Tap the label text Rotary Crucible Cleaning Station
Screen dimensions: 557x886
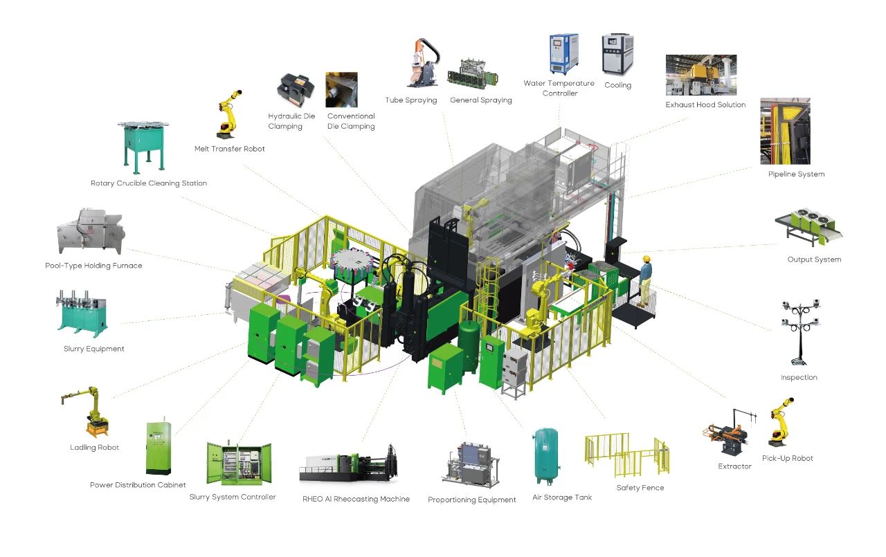149,183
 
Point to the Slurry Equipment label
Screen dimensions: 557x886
94,349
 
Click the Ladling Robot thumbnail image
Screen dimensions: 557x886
89,412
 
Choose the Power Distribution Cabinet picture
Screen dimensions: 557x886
157,446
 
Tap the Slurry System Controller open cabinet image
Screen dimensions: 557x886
239,464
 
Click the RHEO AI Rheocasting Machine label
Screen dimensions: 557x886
356,499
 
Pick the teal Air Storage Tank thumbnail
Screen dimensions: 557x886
547,455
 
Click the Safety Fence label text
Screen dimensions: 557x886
640,488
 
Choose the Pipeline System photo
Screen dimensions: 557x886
785,131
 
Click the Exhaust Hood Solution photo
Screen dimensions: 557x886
700,75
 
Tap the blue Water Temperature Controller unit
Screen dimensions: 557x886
563,53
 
